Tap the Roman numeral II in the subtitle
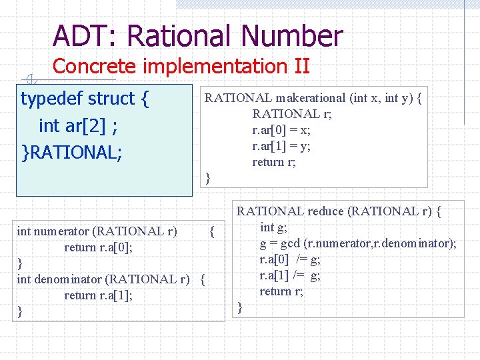click(x=301, y=67)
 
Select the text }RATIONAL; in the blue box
click(x=72, y=152)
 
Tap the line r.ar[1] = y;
click(x=281, y=146)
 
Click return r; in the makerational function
click(x=273, y=162)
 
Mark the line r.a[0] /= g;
click(x=290, y=259)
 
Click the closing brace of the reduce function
click(x=241, y=307)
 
